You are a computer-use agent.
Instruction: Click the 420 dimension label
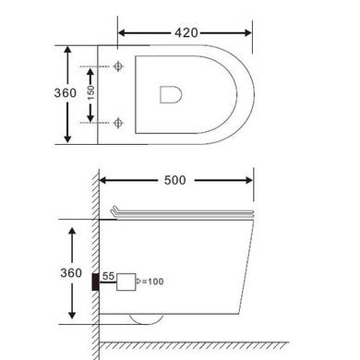coord(187,32)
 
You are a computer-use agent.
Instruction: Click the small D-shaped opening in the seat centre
coord(171,93)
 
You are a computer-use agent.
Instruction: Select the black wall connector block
coord(97,279)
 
